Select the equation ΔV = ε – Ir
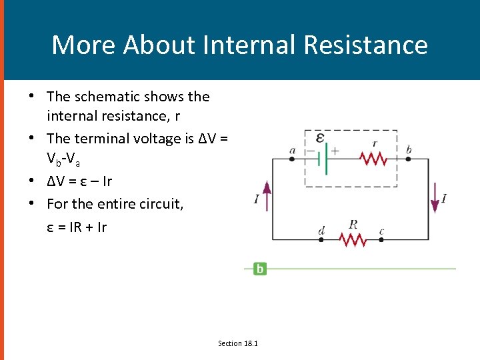tap(79, 181)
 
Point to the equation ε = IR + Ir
tap(77, 227)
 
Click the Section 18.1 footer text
tap(238, 343)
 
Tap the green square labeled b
tap(259, 269)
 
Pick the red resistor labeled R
tap(353, 239)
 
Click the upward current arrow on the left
tap(267, 197)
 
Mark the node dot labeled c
tap(381, 239)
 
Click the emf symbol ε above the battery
tap(320, 138)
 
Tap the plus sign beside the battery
tap(335, 151)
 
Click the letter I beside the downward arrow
tap(444, 198)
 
